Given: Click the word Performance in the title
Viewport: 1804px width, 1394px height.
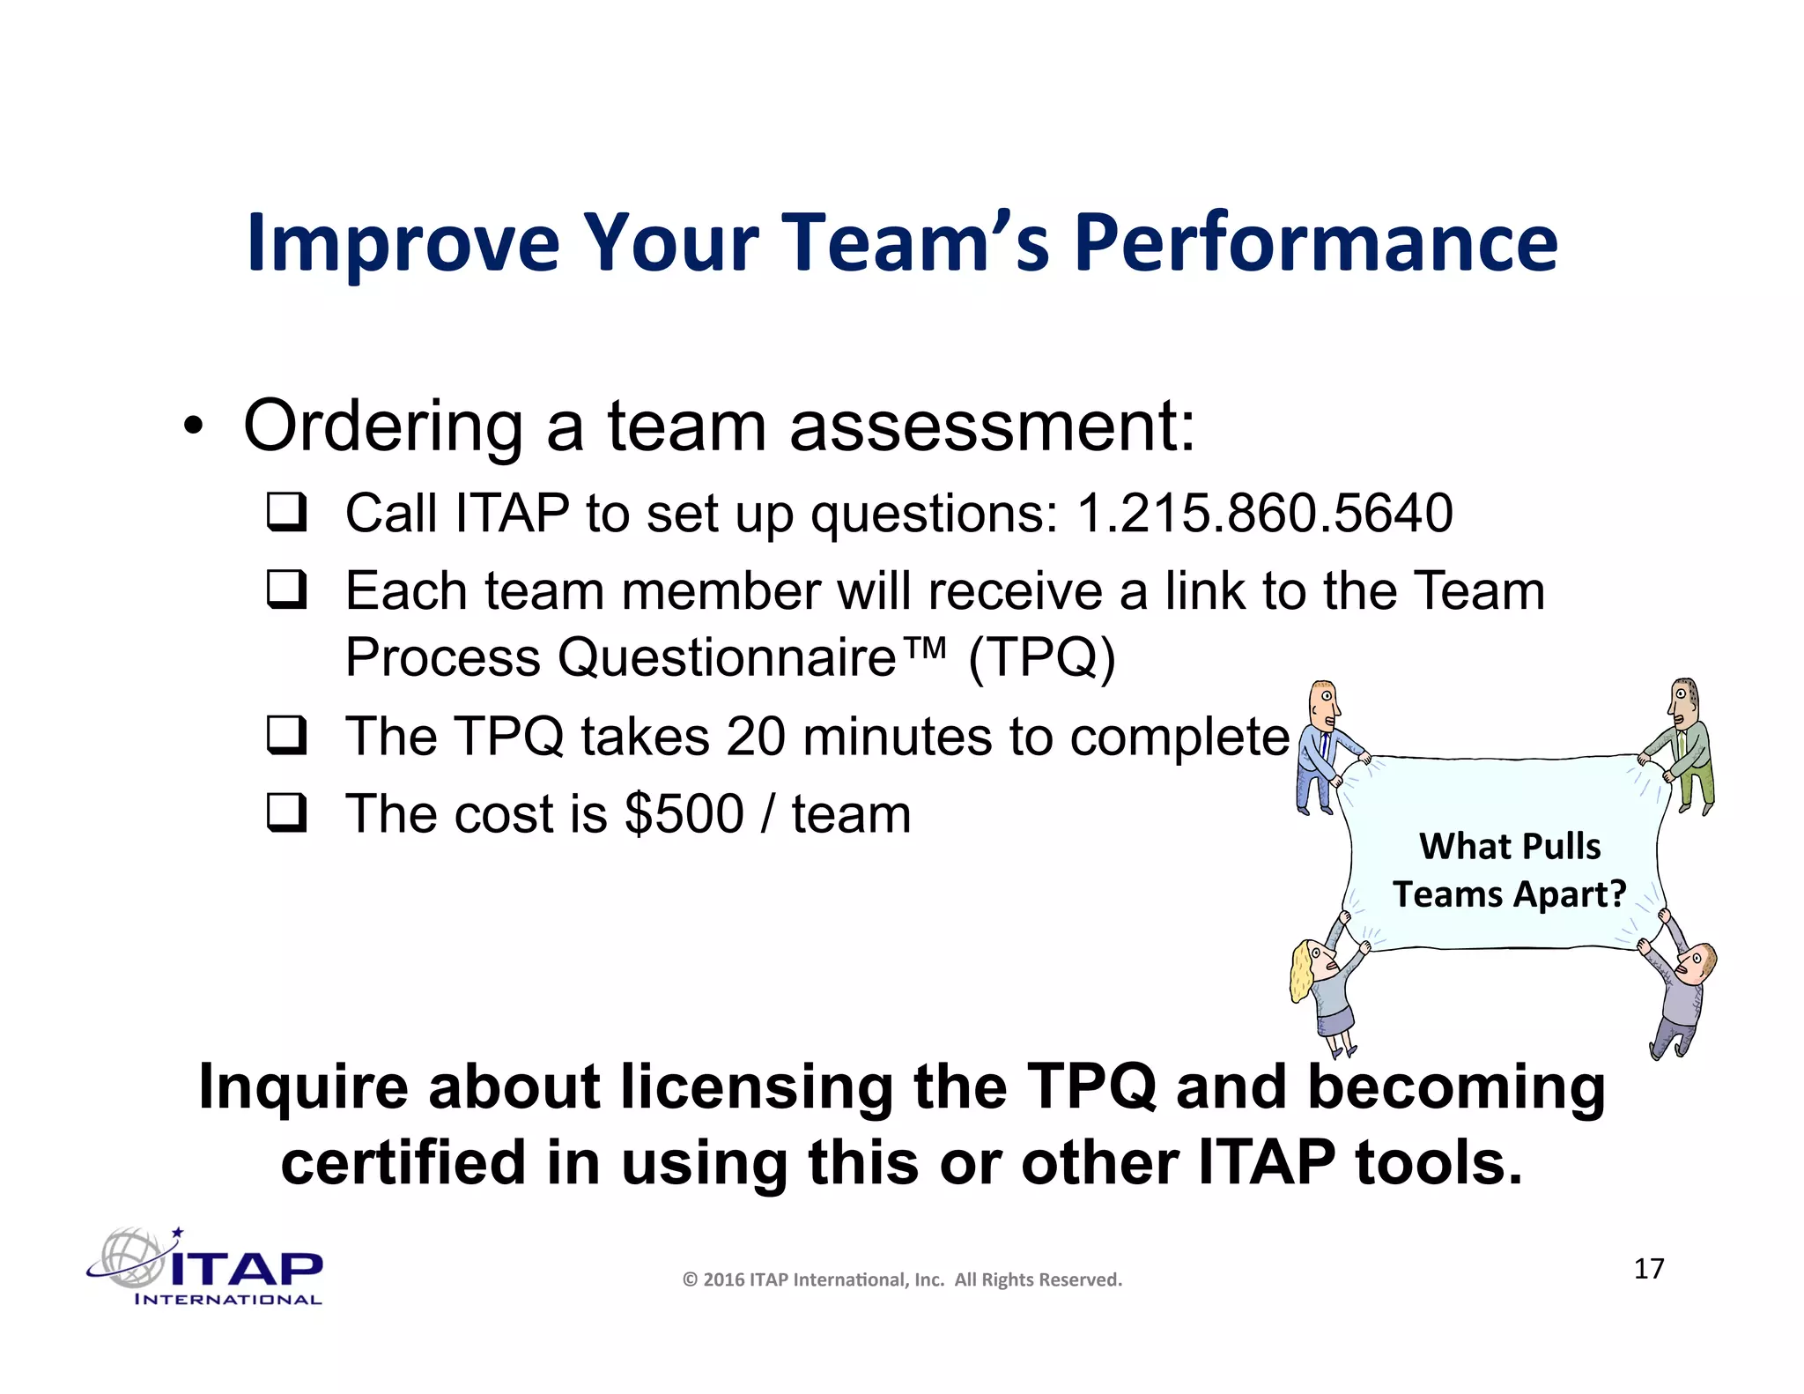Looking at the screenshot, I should pos(1315,242).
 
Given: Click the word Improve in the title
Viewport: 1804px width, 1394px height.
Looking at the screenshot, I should pos(403,242).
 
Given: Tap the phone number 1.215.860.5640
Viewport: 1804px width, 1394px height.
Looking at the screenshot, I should pos(1264,513).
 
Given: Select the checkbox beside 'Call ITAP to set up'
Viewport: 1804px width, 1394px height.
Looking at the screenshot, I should pos(287,512).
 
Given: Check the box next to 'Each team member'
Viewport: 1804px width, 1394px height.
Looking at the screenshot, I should pos(287,589).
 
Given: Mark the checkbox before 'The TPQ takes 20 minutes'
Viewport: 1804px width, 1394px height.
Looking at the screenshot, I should pos(287,736).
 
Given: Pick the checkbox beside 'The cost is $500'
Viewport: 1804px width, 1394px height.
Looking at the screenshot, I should pos(287,813).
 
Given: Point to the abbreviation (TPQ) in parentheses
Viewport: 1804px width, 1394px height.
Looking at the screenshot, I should pos(1041,657).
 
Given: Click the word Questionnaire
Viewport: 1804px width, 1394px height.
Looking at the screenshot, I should pos(727,657).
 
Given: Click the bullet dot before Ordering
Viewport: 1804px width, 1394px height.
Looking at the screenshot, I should pos(193,428).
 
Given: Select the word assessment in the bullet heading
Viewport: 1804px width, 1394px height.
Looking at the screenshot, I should pos(991,426).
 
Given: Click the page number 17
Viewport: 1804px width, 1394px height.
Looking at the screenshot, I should pos(1648,1269).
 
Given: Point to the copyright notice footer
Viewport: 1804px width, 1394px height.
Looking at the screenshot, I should pos(902,1279).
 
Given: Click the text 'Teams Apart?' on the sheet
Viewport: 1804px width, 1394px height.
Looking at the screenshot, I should pos(1509,894).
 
